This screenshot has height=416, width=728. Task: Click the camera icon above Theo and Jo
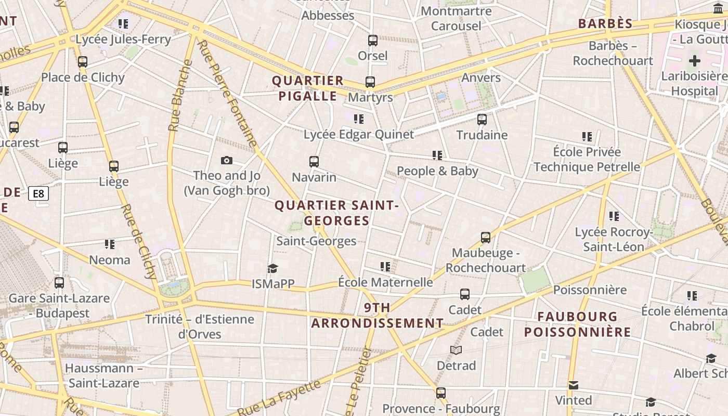point(227,160)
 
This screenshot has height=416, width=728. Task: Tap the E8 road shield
point(39,194)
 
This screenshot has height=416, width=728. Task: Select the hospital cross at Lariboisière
point(695,61)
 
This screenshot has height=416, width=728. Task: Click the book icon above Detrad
point(456,350)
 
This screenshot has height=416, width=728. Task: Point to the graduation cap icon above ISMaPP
point(273,268)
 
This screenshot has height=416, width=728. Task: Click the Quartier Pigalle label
point(308,88)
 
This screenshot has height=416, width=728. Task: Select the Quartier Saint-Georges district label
point(336,213)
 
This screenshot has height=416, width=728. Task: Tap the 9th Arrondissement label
point(378,315)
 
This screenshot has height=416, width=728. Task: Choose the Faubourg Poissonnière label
point(577,324)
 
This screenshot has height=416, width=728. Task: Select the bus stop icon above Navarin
point(314,161)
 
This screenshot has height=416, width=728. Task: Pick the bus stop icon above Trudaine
point(482,120)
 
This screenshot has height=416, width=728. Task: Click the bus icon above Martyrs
point(370,82)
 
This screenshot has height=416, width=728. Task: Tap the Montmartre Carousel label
point(456,18)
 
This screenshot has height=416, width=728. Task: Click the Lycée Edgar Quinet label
point(359,134)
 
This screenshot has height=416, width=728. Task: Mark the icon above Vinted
point(574,385)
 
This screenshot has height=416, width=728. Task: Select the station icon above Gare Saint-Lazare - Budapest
point(59,283)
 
